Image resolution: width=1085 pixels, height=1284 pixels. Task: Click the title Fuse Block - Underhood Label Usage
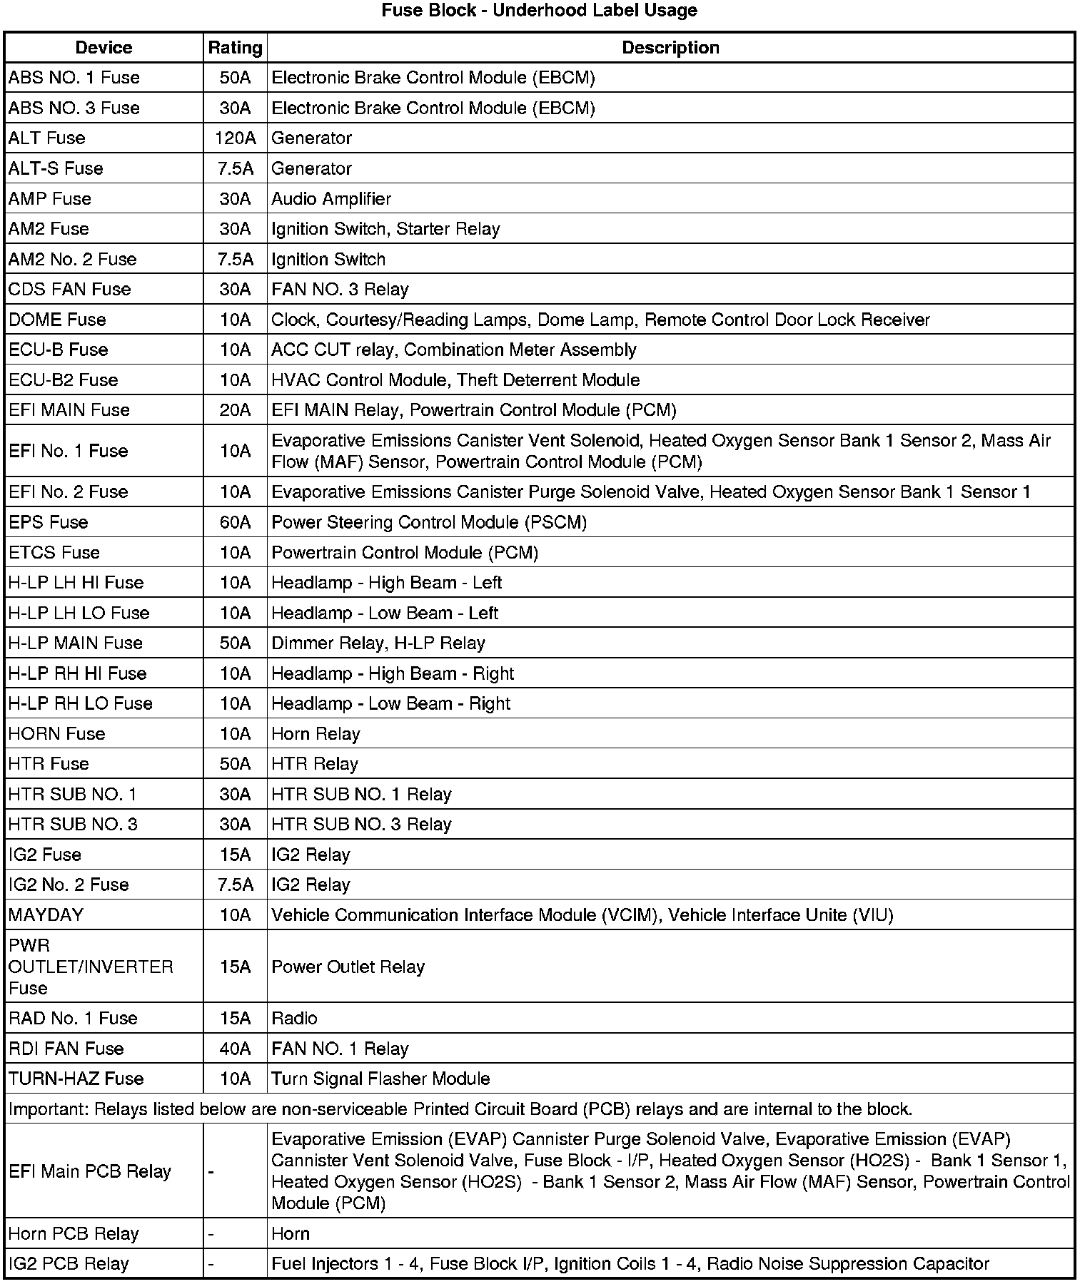tap(539, 11)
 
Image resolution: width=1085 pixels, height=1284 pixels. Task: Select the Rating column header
tap(235, 48)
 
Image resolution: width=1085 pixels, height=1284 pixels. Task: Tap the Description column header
tap(670, 48)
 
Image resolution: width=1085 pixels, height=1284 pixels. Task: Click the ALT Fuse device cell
tap(47, 138)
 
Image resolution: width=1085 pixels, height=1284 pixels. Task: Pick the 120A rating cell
tap(235, 138)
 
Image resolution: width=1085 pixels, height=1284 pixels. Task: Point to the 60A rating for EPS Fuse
tap(235, 522)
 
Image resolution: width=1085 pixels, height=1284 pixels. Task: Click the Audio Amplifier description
tap(331, 199)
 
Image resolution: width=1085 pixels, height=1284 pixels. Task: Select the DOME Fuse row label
tap(57, 320)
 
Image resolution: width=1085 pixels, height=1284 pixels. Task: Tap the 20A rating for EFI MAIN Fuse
tap(235, 410)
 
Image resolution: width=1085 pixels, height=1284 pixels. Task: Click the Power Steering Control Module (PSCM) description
tap(429, 522)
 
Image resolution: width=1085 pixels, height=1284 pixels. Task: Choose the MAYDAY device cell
tap(46, 915)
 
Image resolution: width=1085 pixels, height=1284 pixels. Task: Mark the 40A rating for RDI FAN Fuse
tap(235, 1049)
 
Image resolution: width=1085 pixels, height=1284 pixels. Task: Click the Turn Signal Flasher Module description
tap(380, 1079)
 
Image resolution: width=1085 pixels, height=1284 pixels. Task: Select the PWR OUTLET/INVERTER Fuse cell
tap(91, 967)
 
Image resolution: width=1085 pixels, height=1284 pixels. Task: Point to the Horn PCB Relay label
tap(74, 1233)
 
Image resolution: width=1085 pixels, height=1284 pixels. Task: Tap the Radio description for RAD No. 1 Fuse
tap(294, 1018)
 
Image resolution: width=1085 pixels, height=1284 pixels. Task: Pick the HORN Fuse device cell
tap(57, 734)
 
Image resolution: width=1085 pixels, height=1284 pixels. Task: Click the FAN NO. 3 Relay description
tap(340, 290)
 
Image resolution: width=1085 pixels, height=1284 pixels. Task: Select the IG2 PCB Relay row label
tap(69, 1263)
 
